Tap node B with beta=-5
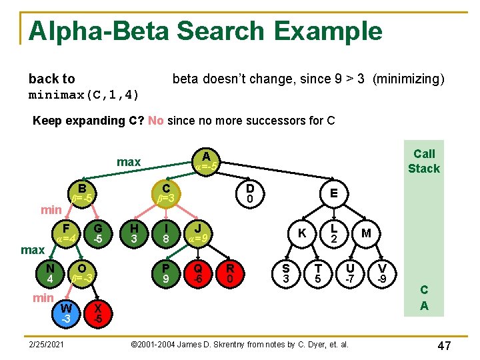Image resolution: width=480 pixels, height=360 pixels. click(x=81, y=193)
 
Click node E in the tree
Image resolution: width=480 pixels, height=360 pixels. click(x=333, y=193)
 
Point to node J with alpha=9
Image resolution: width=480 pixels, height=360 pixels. click(x=198, y=231)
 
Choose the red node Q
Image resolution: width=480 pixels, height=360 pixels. click(x=198, y=272)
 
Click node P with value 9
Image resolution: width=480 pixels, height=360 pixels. click(x=166, y=272)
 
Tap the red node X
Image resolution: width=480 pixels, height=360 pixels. click(x=98, y=313)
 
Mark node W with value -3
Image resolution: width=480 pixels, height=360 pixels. click(x=65, y=313)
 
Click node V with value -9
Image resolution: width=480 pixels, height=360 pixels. click(x=382, y=272)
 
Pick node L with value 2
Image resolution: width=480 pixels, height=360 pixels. click(x=334, y=231)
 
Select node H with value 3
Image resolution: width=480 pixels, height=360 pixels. click(x=134, y=231)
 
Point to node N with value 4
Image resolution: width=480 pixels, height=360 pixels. click(x=50, y=272)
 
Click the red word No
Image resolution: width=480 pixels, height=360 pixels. click(x=156, y=121)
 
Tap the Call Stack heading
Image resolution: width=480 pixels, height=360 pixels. click(x=424, y=161)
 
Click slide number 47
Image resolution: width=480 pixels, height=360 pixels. click(x=444, y=345)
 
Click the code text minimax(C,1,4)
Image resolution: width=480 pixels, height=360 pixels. click(x=84, y=95)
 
